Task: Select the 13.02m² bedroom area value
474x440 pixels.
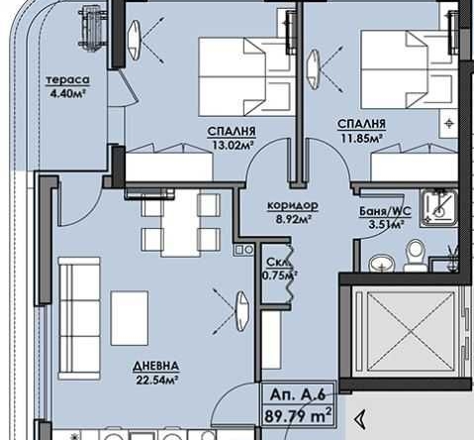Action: coord(234,142)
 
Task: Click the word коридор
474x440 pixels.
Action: coord(287,205)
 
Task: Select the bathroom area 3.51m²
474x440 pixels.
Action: coord(380,225)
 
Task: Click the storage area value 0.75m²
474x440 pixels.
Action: coord(274,276)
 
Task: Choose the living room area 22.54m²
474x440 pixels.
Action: coord(155,379)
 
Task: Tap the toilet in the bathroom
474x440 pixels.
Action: coord(418,255)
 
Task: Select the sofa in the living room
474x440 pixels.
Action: coord(77,306)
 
